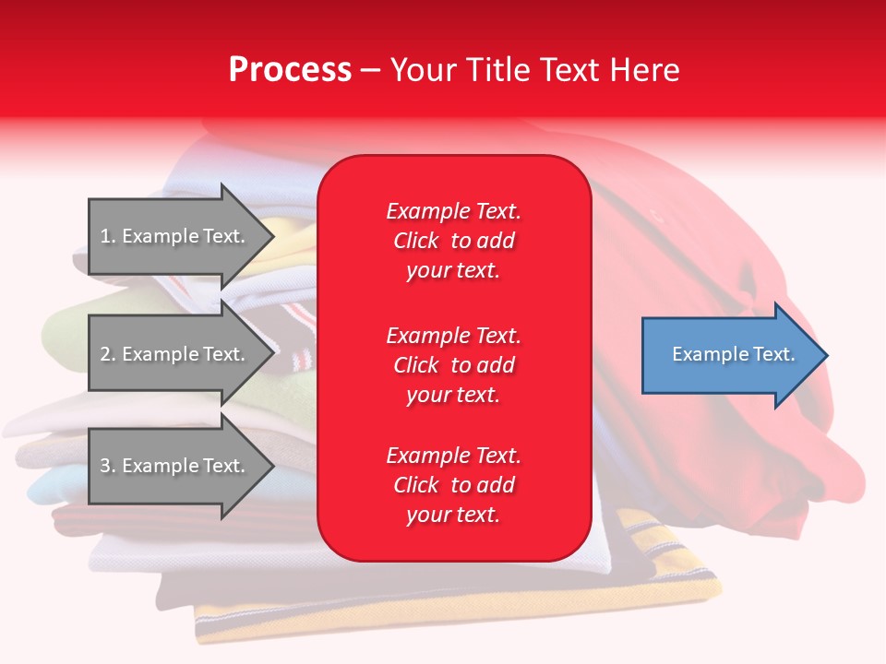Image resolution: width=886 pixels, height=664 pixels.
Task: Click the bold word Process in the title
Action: [x=290, y=69]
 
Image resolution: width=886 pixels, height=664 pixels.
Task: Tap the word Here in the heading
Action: [x=644, y=69]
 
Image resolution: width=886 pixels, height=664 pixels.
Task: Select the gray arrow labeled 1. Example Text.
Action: [x=181, y=236]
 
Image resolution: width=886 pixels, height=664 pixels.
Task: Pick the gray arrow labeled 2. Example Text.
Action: [x=181, y=353]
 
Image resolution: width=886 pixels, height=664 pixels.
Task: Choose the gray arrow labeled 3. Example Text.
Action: [x=181, y=466]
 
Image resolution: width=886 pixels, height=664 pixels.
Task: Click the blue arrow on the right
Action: [x=735, y=355]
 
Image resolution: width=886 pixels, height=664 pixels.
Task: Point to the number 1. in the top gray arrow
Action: [x=108, y=236]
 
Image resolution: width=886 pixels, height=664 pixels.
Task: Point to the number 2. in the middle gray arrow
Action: [x=108, y=354]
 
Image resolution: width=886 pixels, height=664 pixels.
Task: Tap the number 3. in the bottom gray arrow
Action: [x=108, y=466]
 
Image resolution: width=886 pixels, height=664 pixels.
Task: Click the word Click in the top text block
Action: [x=416, y=241]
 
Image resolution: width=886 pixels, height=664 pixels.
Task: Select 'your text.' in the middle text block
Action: [x=453, y=396]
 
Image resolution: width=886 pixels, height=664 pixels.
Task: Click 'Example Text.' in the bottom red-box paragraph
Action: [x=454, y=455]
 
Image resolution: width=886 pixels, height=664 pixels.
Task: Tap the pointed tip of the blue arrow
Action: [x=828, y=355]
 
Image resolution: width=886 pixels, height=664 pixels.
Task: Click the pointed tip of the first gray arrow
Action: [x=274, y=236]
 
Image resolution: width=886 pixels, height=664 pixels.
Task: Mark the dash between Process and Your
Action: [x=370, y=72]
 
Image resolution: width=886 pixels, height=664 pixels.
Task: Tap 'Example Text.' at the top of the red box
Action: [x=454, y=211]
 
